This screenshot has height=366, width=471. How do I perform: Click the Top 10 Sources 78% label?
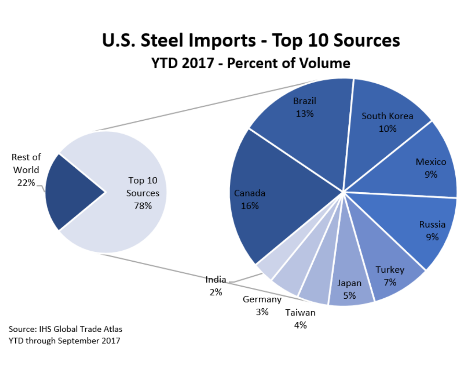click(143, 193)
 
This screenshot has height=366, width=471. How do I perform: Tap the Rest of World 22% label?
click(26, 170)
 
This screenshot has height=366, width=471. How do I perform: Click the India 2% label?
click(216, 286)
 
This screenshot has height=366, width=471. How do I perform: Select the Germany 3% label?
click(262, 305)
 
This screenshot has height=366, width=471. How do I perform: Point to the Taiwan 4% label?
click(300, 319)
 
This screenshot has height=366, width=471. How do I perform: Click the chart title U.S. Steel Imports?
click(251, 40)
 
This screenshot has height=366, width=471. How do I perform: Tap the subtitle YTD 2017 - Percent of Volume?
click(251, 63)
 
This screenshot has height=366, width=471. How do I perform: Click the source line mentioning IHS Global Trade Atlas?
click(65, 329)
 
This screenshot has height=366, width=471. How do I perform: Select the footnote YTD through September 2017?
click(64, 341)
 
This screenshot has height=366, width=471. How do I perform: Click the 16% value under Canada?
click(250, 206)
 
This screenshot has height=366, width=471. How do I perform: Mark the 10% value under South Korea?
click(387, 129)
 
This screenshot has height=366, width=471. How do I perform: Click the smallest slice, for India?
click(266, 270)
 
